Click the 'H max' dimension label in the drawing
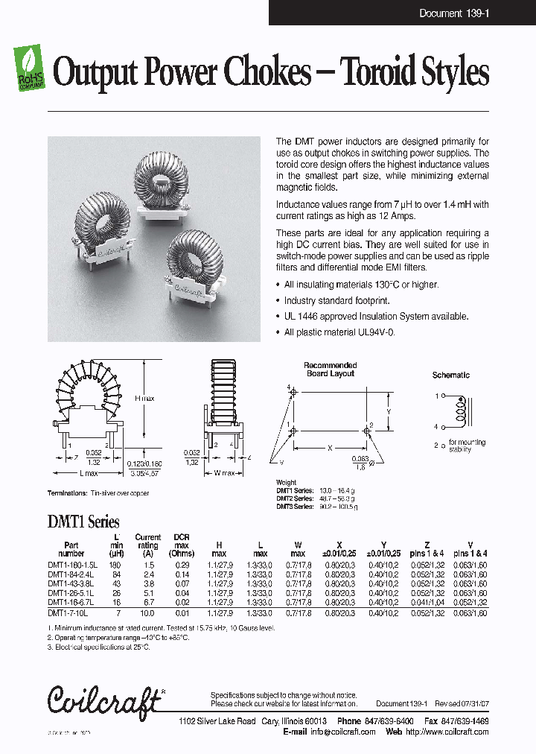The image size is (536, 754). pyautogui.click(x=144, y=399)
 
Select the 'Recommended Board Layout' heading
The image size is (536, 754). pyautogui.click(x=330, y=370)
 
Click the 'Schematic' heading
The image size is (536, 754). pyautogui.click(x=450, y=376)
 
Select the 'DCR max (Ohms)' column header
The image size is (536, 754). pyautogui.click(x=182, y=545)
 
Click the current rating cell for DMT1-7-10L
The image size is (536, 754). pyautogui.click(x=147, y=612)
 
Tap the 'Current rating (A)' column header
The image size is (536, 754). pyautogui.click(x=147, y=545)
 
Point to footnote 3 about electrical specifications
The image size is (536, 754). pyautogui.click(x=98, y=647)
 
